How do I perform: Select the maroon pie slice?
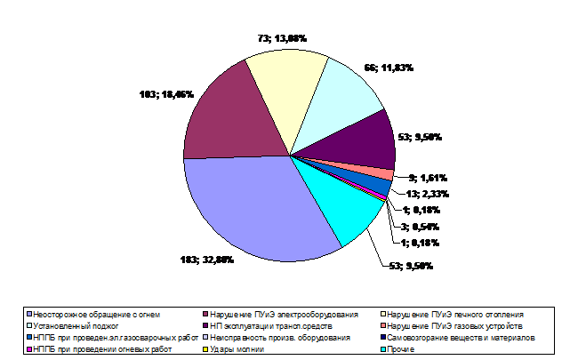pyautogui.click(x=222, y=116)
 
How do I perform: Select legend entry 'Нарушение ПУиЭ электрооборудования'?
pyautogui.click(x=285, y=315)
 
